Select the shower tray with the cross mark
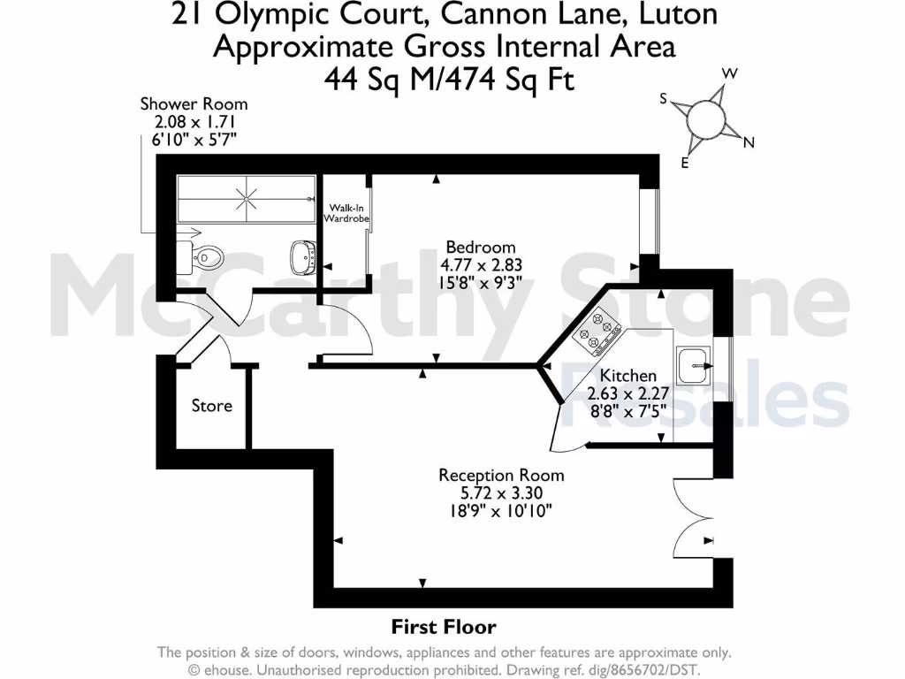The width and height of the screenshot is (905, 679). (247, 198)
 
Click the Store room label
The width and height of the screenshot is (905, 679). (212, 406)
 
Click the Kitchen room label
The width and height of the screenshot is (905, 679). (627, 376)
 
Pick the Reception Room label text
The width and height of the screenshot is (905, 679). (501, 476)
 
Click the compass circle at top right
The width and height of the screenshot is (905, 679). (705, 118)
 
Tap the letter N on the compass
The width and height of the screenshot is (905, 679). (749, 142)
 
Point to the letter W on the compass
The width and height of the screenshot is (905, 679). (730, 73)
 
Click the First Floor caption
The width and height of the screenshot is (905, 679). (444, 627)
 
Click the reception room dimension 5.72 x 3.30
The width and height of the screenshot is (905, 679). (501, 493)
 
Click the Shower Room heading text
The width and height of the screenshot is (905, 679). (194, 104)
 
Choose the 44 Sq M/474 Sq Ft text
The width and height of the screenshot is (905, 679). (450, 80)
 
